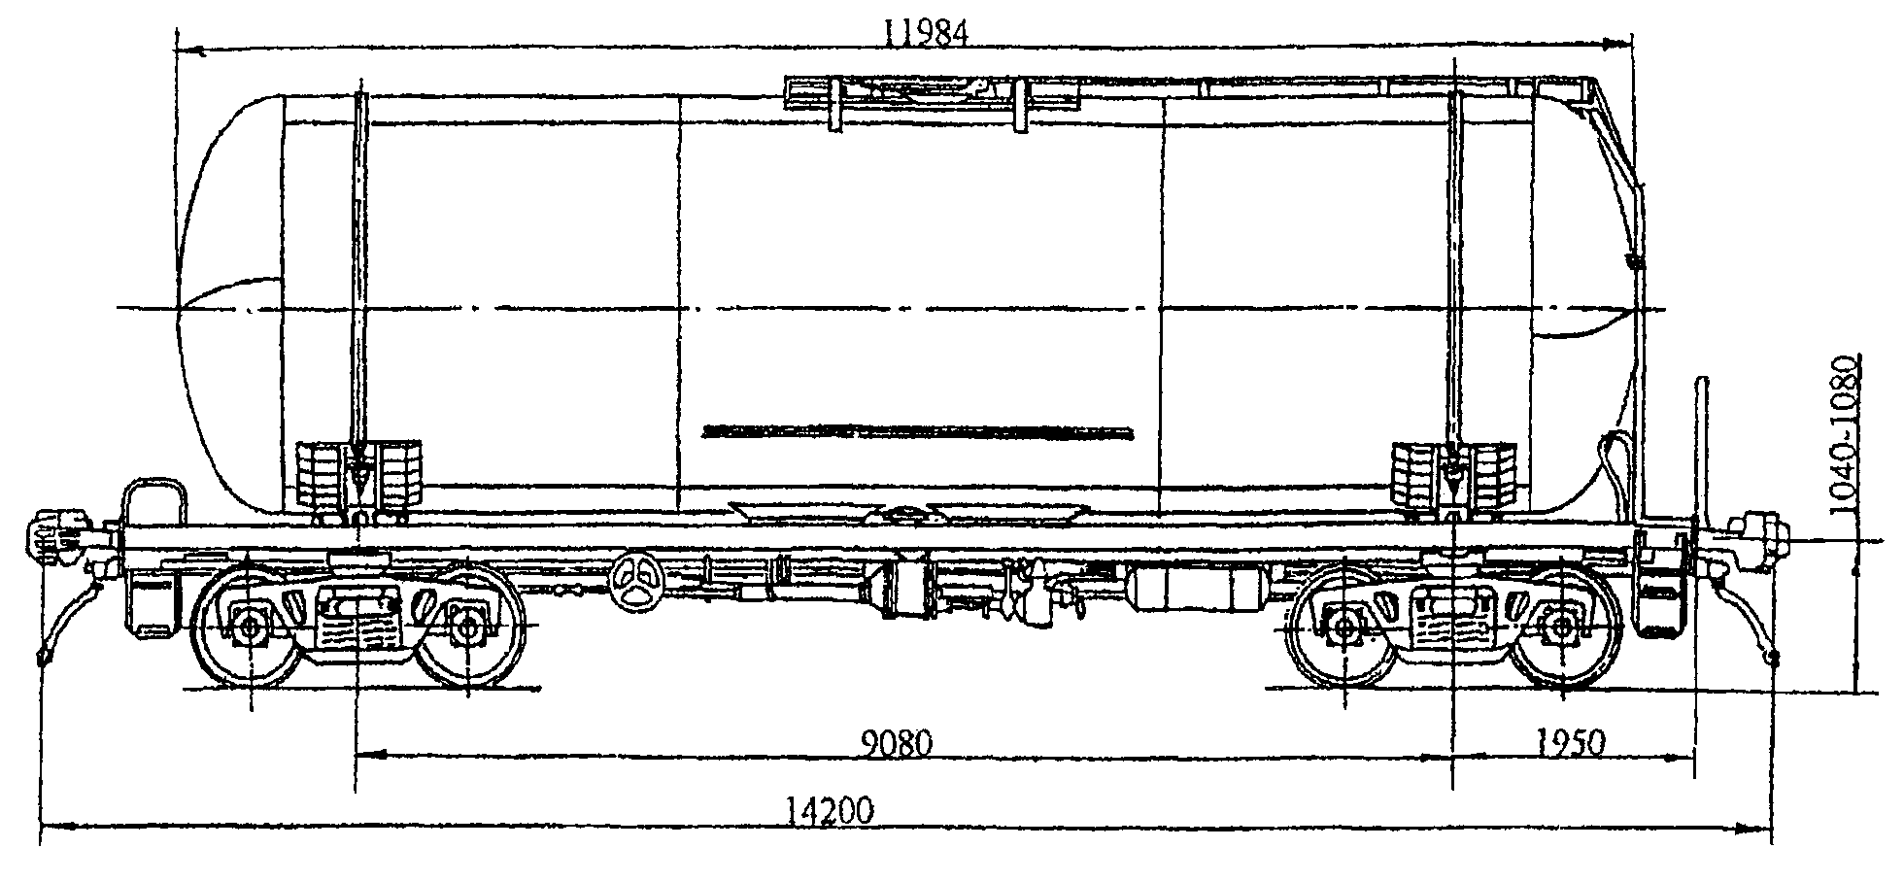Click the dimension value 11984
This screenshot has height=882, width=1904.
click(x=926, y=33)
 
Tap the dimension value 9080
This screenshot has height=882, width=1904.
click(x=897, y=743)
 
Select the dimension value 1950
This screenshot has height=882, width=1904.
click(x=1572, y=743)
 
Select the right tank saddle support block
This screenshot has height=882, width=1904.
click(x=1454, y=474)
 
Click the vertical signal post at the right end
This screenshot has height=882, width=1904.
click(x=1702, y=457)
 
